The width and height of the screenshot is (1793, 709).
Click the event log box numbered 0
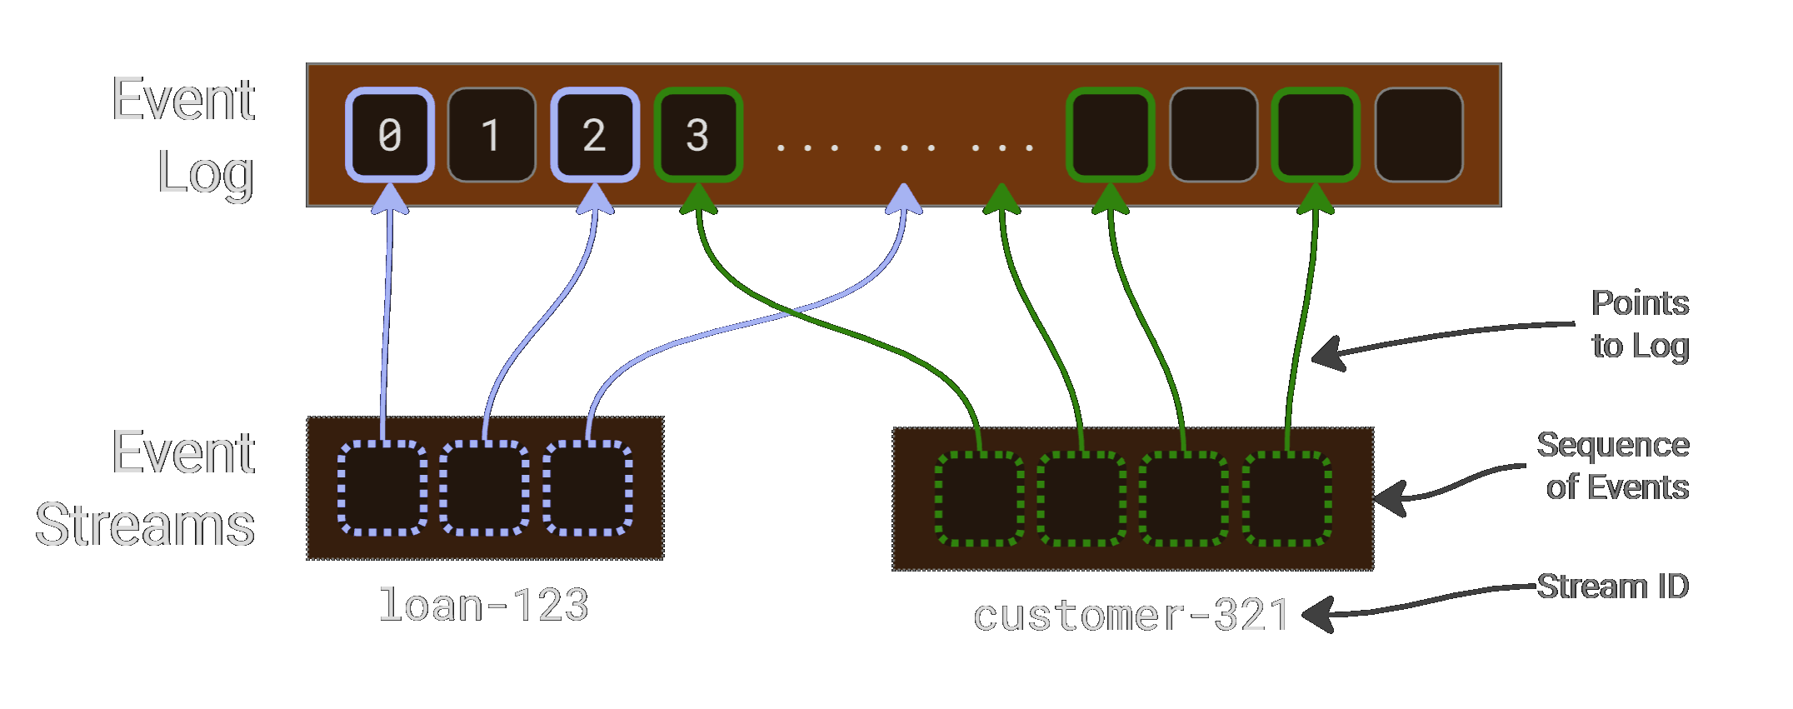tap(390, 135)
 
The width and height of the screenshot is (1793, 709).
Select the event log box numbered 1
tap(492, 135)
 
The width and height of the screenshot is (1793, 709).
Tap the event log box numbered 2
tap(594, 135)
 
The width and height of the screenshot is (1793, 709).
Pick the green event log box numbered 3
tap(697, 135)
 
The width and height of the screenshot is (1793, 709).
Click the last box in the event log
tap(1419, 135)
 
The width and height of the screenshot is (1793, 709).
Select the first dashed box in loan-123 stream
tap(382, 488)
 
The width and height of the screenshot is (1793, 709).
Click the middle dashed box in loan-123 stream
tap(484, 488)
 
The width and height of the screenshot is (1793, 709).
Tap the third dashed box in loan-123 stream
tap(587, 488)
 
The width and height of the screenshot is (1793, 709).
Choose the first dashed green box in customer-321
tap(980, 499)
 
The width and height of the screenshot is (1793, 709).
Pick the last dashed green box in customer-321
tap(1287, 499)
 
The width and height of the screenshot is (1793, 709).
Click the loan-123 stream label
tap(483, 605)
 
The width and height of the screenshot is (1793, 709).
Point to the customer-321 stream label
tap(1131, 617)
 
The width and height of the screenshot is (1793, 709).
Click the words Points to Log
tap(1639, 325)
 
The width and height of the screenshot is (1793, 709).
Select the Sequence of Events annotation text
tap(1613, 467)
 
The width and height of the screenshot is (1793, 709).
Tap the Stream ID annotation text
tap(1612, 587)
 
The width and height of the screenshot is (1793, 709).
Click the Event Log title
tap(183, 135)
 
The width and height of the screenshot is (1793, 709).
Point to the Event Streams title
tap(146, 489)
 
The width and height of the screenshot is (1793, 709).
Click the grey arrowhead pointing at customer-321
tap(1316, 616)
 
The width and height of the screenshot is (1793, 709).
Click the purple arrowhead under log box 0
tap(389, 199)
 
